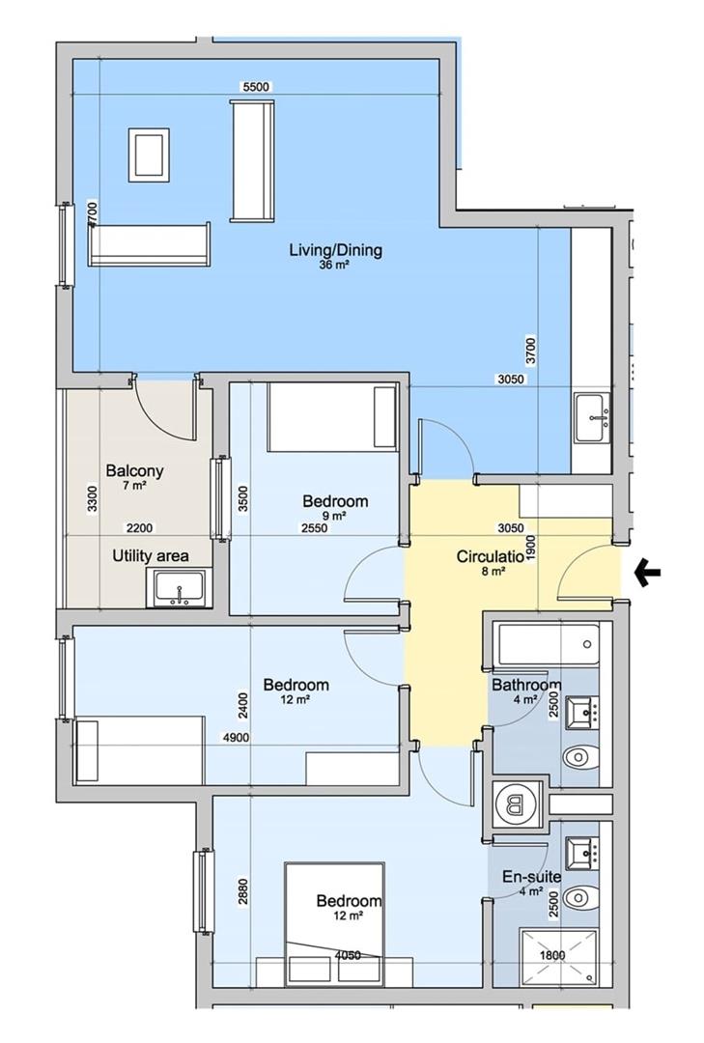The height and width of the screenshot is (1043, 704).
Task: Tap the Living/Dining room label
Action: click(335, 251)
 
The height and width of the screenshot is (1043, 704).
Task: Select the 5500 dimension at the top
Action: click(257, 87)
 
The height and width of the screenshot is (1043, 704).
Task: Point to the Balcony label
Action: click(134, 471)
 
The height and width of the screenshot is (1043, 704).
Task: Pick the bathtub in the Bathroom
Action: click(546, 645)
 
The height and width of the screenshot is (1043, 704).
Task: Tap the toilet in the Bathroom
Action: click(579, 756)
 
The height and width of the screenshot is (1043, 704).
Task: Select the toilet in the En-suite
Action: click(579, 899)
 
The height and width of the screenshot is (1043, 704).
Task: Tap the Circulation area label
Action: click(489, 557)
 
